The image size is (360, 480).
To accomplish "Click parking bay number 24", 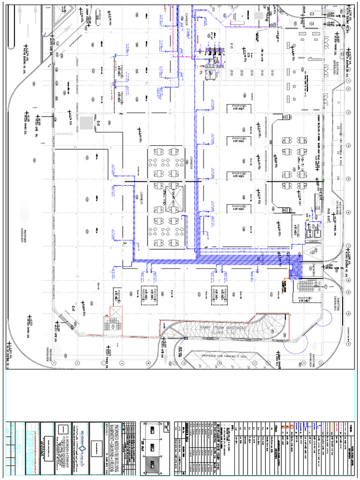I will (337, 178).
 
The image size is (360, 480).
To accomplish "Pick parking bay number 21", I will (337, 102).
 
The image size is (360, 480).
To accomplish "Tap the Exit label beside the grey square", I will (98, 123).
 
